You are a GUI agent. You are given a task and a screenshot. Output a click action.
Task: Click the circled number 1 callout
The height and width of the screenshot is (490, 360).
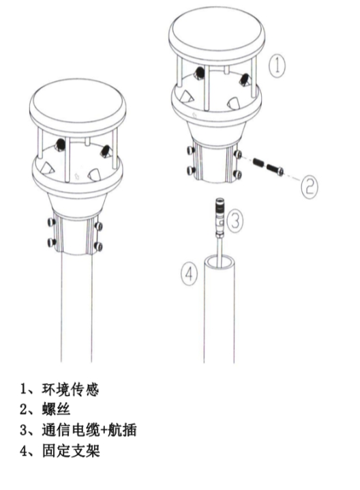pos(277,66)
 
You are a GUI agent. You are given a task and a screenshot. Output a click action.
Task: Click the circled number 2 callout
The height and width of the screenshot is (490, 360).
pos(309,185)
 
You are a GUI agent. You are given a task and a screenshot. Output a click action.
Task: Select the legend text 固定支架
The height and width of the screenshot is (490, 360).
pos(72,451)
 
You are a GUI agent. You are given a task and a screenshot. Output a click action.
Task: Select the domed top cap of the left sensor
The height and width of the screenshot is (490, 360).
pos(79,102)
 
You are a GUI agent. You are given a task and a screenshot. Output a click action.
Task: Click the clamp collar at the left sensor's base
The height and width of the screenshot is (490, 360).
pos(77,231)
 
